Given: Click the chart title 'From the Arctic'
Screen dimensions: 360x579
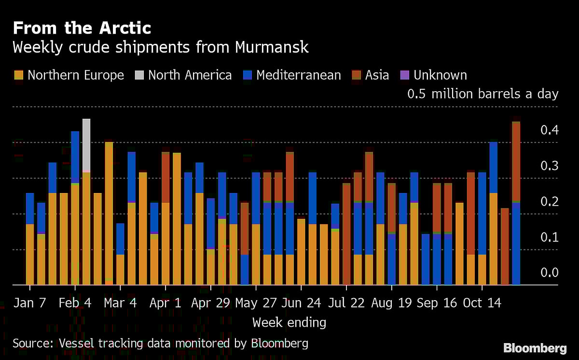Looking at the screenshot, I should coord(82,28).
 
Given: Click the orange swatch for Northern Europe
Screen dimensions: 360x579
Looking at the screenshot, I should coord(19,75).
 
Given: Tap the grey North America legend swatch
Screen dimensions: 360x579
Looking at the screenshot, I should coord(139,75).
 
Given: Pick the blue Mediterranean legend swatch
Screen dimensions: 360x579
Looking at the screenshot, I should coord(248,75).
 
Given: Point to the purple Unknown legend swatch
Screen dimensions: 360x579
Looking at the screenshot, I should coord(405,75).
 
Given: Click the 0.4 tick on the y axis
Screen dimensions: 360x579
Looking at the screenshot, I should coord(549,130).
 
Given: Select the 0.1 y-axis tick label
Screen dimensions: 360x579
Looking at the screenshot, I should coord(549,237).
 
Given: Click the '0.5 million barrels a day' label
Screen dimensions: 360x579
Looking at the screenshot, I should coord(482,94).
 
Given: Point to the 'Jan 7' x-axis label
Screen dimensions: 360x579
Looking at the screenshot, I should coord(30,303).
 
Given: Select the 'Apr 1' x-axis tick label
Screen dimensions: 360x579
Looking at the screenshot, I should coord(165,303).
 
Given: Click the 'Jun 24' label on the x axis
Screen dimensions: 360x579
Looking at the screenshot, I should coord(301,303).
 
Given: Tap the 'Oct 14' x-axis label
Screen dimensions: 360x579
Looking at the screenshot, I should coord(482,303).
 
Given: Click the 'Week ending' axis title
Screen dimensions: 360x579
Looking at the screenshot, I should coord(289,322).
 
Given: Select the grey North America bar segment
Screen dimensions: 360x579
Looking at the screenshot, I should coord(86,145).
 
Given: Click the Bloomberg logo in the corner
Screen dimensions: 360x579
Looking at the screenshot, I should coord(535,347).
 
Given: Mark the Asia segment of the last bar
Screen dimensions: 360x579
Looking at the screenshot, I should coord(516,162).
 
